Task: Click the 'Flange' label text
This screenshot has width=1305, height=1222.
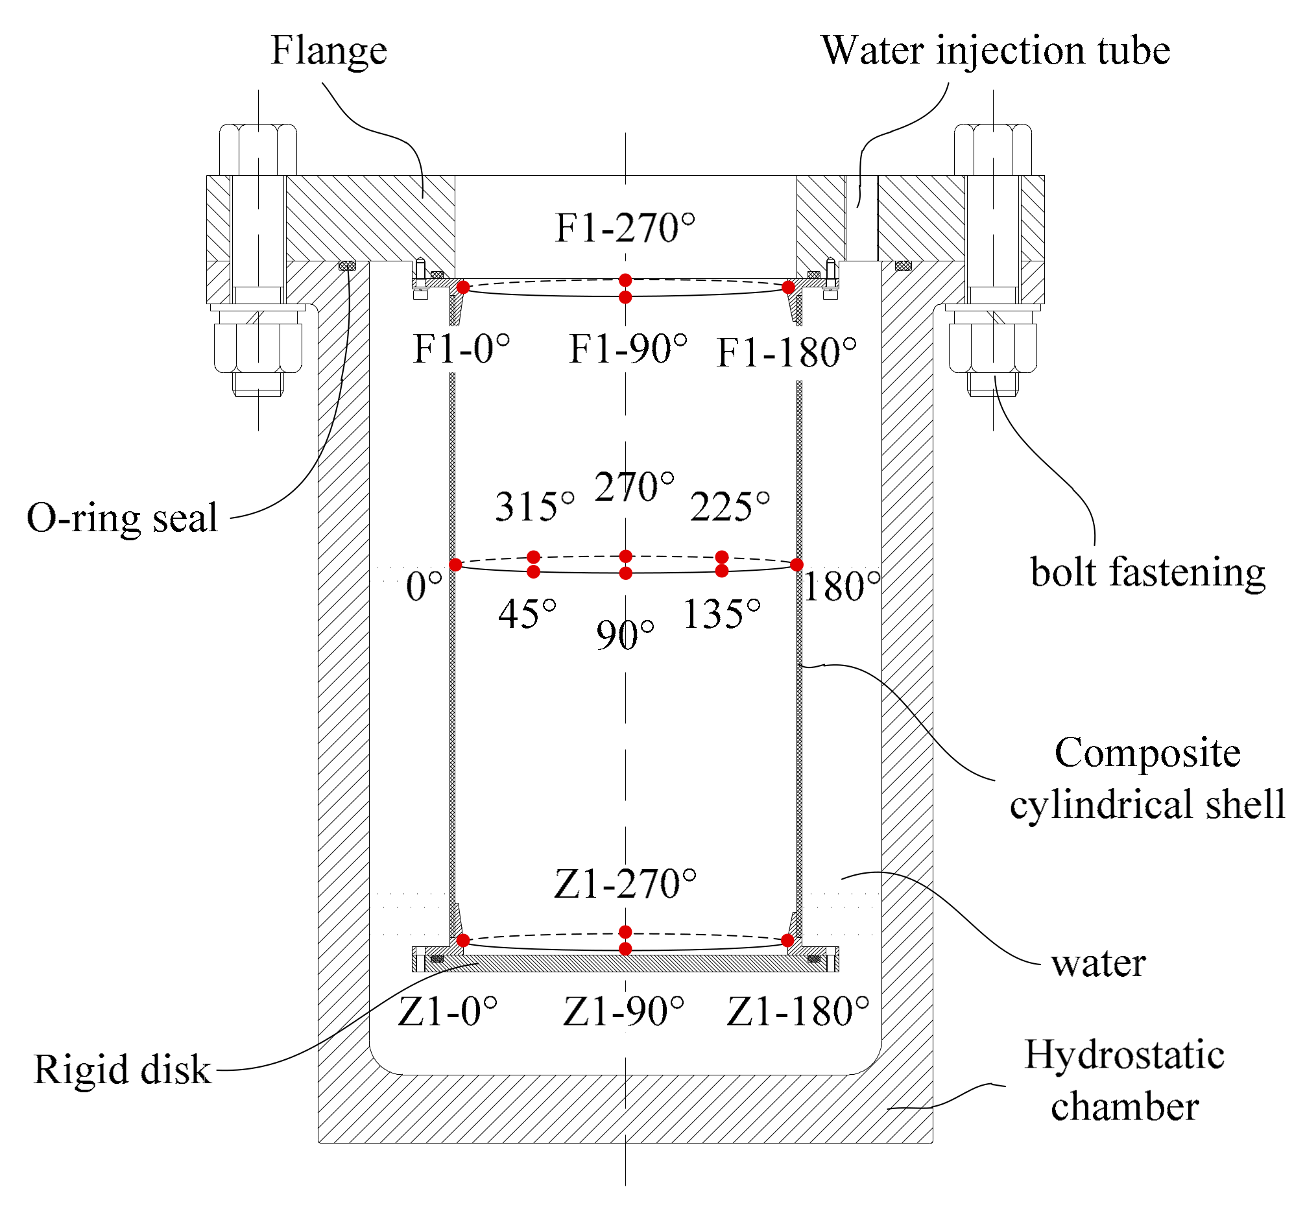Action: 329,51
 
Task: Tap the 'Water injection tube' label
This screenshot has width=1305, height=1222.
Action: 995,51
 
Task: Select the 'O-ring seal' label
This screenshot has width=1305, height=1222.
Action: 122,518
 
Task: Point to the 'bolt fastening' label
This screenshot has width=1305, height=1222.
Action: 1147,572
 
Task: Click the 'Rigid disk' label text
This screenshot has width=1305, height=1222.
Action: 122,1070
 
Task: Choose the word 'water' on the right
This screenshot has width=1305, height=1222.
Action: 1098,964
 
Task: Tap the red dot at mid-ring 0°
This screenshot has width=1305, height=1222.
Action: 455,565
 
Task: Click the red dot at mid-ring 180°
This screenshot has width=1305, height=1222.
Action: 796,565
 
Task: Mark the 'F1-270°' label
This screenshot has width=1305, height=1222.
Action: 625,228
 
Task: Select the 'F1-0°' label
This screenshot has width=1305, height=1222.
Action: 461,349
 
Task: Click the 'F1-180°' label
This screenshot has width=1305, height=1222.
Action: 786,353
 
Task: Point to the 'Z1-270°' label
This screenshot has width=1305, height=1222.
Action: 625,884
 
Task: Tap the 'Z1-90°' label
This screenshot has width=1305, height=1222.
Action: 623,1011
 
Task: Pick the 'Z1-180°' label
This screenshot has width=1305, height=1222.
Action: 798,1011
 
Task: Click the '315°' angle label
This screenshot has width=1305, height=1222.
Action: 534,507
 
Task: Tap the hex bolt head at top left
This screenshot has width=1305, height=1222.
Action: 258,150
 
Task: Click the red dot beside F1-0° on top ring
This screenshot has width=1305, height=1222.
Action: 464,287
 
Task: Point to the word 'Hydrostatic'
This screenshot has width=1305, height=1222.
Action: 1125,1055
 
